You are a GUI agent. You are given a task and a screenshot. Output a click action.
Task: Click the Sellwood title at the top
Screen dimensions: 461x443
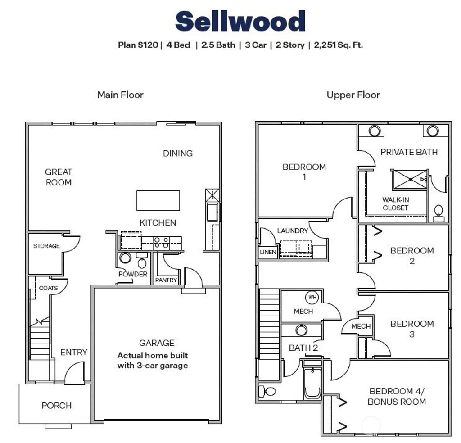[240, 21]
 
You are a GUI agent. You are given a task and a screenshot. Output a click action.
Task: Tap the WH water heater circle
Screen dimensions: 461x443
[312, 297]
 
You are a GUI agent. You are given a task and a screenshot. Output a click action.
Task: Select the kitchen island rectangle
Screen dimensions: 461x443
[158, 200]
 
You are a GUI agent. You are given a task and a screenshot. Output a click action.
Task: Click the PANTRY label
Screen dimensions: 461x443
[166, 280]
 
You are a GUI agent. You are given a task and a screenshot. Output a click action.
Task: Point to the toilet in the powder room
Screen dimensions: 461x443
[142, 261]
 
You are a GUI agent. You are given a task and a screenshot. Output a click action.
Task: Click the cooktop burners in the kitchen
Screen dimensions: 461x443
[162, 243]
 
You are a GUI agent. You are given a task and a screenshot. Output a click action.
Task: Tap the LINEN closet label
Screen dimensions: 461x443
[268, 252]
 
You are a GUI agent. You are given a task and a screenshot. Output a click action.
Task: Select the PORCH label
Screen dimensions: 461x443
[56, 406]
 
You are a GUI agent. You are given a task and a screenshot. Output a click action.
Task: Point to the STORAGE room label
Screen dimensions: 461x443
[46, 246]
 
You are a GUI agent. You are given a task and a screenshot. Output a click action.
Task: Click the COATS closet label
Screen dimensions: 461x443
[49, 288]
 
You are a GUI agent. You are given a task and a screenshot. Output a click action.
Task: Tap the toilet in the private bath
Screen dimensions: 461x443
[438, 213]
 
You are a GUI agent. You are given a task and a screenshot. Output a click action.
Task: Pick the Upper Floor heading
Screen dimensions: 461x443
[353, 95]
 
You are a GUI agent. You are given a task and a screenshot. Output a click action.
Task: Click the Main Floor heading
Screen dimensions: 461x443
[120, 95]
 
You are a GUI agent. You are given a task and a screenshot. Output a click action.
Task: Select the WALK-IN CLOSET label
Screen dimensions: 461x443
[395, 203]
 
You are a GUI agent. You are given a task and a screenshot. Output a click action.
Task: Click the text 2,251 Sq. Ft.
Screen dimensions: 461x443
[339, 45]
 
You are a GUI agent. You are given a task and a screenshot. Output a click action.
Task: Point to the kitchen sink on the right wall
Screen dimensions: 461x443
[212, 212]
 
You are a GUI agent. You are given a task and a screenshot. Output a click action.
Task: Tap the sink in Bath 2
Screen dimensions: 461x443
[301, 330]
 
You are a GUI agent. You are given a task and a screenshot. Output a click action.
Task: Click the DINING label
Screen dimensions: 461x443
[178, 153]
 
